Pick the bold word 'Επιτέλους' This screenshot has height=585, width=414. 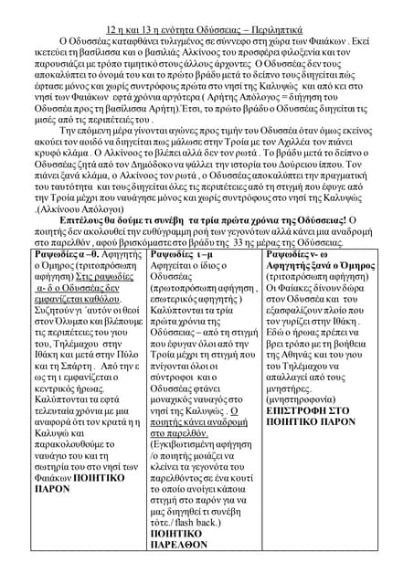[81, 220]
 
